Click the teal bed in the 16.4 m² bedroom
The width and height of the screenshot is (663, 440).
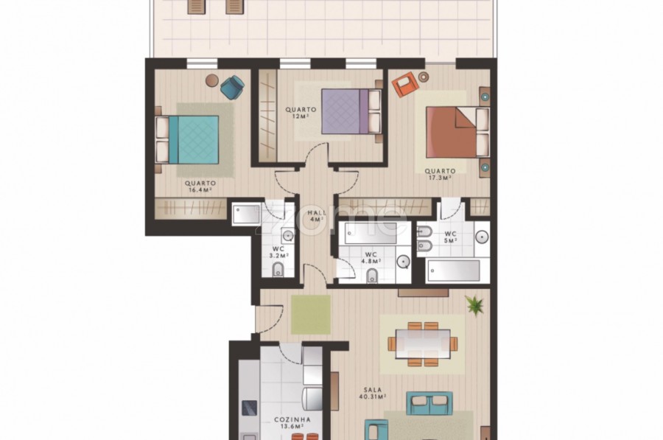pos(187,140)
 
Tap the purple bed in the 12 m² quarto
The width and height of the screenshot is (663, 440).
pos(351,111)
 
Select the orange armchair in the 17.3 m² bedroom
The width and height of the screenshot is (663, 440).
pos(405,84)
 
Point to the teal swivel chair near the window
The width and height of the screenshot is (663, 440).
pos(232,87)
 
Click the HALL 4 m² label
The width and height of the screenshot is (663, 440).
pos(317,216)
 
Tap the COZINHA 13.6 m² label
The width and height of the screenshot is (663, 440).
pos(292,422)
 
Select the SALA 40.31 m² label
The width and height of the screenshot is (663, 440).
pos(373,394)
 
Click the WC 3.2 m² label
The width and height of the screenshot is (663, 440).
pos(278,252)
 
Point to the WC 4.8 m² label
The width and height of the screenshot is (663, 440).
pos(371,258)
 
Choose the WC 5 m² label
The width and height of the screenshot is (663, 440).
pos(451,237)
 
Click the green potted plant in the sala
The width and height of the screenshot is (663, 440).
pos(475,304)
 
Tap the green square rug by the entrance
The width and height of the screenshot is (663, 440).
pos(311,315)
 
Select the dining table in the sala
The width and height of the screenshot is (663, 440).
pos(423,343)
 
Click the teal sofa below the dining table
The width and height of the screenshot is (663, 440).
pos(429,403)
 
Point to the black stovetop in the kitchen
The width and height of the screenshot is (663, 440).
pos(249,408)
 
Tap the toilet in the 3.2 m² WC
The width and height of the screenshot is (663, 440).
pos(278,270)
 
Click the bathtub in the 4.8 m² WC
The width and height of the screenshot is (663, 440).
pos(371,233)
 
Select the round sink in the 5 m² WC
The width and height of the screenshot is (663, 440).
pos(482,237)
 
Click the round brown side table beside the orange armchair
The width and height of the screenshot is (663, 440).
pos(424,77)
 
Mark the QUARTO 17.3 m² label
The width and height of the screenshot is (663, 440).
pos(441,175)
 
